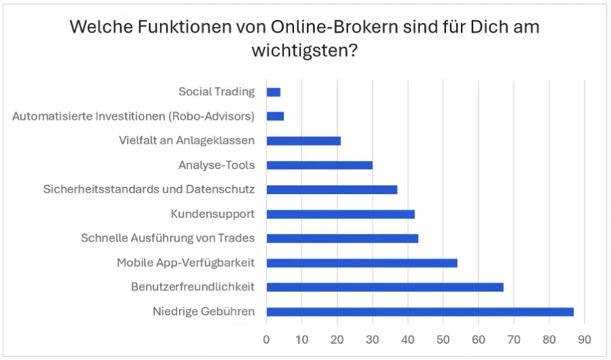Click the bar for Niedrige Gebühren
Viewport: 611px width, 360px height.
point(420,312)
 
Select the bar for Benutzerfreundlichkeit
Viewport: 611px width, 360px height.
point(385,287)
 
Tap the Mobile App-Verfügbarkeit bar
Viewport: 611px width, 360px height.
point(362,263)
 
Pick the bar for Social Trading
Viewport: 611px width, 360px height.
point(274,92)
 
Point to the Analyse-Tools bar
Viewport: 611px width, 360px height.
point(320,165)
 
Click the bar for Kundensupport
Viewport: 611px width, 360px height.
point(341,214)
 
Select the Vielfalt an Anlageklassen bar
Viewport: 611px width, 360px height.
point(303,141)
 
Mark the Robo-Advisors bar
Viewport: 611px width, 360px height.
point(275,116)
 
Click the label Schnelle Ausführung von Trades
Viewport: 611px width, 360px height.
point(168,238)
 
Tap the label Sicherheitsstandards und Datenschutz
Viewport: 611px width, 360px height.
point(149,190)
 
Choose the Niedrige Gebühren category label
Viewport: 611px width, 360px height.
point(204,312)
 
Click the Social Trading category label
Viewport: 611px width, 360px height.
point(217,92)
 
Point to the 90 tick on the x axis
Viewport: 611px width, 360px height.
point(585,338)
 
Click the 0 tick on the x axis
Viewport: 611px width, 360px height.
point(267,338)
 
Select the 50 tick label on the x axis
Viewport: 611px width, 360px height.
point(443,338)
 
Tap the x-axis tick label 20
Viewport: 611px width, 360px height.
point(337,338)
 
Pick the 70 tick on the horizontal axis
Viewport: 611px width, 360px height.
point(514,338)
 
